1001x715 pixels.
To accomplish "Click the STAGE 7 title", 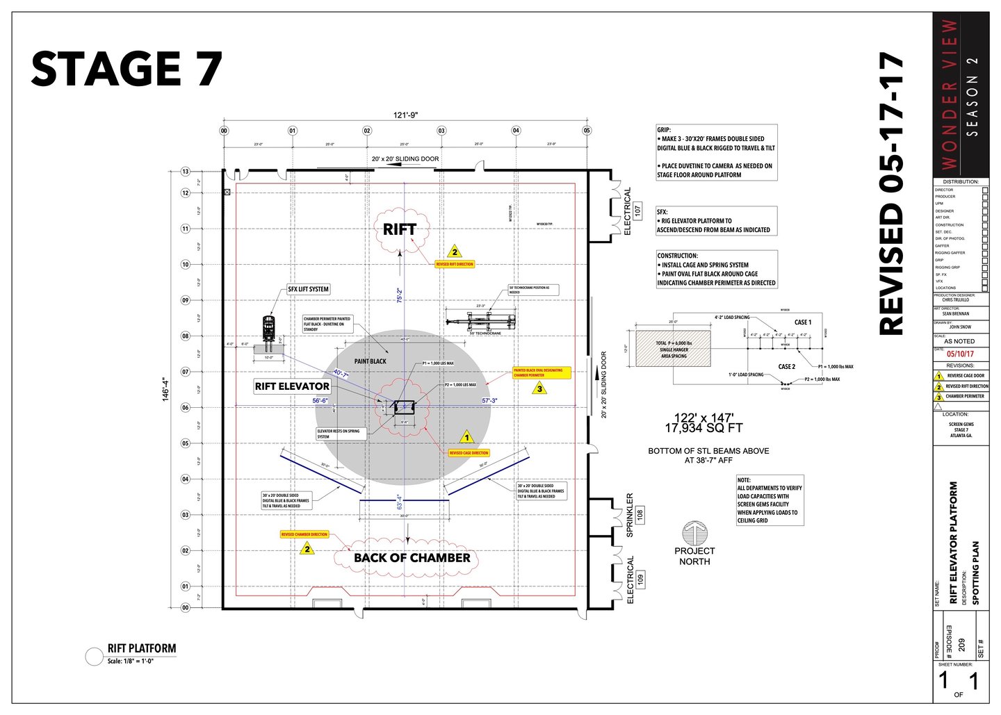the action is pyautogui.click(x=127, y=69).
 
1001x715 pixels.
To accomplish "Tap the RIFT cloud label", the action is pyautogui.click(x=400, y=229).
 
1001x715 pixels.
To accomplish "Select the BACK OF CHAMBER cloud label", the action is pyautogui.click(x=412, y=557).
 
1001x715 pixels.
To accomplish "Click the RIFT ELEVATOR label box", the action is pyautogui.click(x=292, y=386).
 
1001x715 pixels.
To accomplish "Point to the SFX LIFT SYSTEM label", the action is pyautogui.click(x=308, y=289).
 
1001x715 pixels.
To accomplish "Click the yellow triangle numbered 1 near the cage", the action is pyautogui.click(x=467, y=438).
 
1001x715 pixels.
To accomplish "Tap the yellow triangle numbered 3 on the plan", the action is pyautogui.click(x=539, y=388).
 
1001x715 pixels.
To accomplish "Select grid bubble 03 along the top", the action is pyautogui.click(x=441, y=131).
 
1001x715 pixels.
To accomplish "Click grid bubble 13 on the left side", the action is pyautogui.click(x=186, y=172).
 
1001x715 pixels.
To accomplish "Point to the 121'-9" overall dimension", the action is pyautogui.click(x=406, y=115).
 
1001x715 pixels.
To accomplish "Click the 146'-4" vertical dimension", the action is pyautogui.click(x=165, y=389).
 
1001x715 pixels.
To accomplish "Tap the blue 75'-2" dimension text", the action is pyautogui.click(x=400, y=296).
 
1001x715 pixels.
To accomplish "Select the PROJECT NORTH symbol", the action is pyautogui.click(x=694, y=534).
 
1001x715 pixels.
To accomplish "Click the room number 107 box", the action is pyautogui.click(x=638, y=210).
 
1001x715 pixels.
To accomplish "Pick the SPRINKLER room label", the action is pyautogui.click(x=630, y=515).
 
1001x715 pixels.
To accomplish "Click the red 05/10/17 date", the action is pyautogui.click(x=960, y=354).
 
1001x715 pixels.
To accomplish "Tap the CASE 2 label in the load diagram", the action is pyautogui.click(x=787, y=366).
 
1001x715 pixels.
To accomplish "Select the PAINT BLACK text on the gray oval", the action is pyautogui.click(x=370, y=361).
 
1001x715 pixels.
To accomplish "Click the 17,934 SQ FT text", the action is pyautogui.click(x=703, y=428).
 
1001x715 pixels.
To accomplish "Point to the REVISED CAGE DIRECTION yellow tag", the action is pyautogui.click(x=469, y=453).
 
